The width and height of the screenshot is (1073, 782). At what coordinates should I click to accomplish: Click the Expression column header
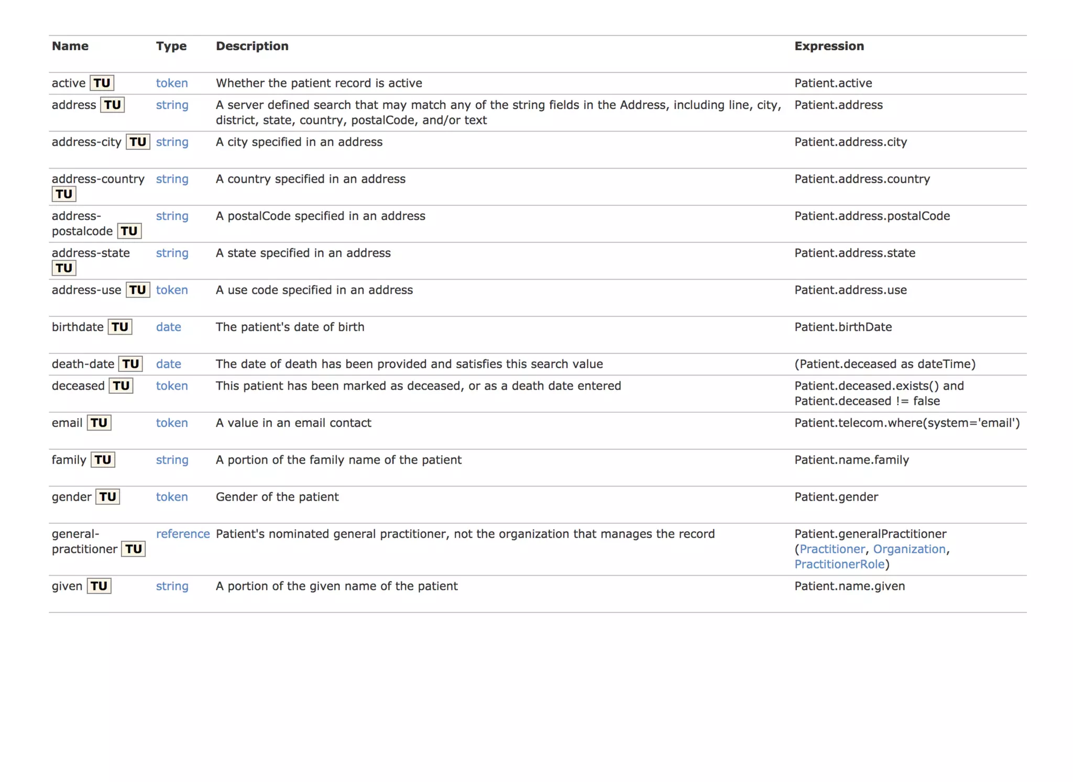(829, 46)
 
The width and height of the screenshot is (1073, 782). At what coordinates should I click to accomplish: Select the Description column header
(252, 46)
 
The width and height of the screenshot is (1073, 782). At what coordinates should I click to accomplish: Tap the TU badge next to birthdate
(119, 327)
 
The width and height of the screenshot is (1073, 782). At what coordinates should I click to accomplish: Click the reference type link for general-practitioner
(182, 534)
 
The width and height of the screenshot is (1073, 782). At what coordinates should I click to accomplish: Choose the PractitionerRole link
(839, 564)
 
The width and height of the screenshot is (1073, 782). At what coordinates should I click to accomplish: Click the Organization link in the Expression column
(909, 549)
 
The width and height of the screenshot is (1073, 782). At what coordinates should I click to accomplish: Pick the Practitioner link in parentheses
(832, 549)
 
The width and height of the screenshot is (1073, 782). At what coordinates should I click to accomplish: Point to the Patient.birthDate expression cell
(842, 327)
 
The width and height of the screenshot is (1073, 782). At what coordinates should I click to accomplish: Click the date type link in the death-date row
(168, 364)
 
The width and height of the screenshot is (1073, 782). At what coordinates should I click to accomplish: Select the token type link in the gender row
(171, 497)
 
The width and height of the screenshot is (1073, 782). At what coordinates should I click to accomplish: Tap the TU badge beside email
(99, 423)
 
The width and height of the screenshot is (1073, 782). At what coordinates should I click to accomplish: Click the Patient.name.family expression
(851, 460)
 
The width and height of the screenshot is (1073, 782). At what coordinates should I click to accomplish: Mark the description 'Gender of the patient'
(277, 497)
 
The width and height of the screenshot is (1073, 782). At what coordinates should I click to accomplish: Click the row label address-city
(86, 142)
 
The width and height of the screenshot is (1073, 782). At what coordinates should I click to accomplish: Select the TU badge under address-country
(64, 194)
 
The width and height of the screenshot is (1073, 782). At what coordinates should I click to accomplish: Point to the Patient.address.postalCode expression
(872, 216)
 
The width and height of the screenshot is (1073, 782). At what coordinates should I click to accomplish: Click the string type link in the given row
(172, 586)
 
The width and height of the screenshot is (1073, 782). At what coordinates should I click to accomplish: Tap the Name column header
(70, 46)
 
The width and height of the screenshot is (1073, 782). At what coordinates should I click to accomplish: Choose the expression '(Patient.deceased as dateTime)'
(884, 364)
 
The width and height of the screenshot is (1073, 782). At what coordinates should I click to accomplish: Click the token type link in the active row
(171, 83)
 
